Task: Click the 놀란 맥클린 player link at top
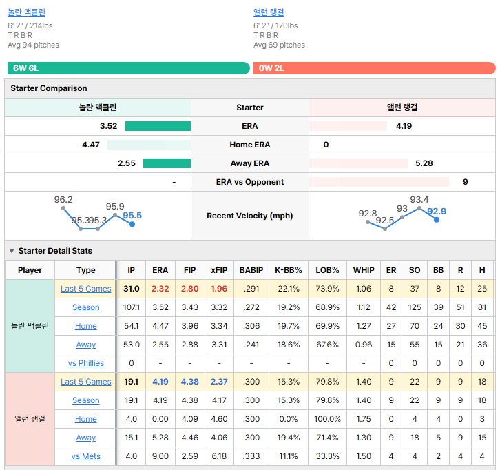[26, 12]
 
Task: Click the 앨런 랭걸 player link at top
[269, 12]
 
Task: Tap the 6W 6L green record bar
[129, 68]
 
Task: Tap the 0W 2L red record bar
[375, 68]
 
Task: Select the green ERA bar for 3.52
[158, 126]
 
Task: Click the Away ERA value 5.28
[424, 163]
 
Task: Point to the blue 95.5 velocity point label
[132, 216]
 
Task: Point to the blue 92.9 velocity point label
[437, 212]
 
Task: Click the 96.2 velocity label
[63, 199]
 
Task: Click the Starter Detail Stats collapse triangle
[12, 251]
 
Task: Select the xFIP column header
[219, 270]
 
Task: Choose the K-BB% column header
[289, 270]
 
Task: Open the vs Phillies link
[86, 363]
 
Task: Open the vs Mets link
[86, 456]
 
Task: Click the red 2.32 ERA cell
[160, 289]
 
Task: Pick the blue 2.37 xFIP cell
[219, 382]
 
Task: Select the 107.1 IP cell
[131, 307]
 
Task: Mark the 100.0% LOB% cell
[328, 419]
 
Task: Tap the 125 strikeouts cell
[415, 307]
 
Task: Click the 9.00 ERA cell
[160, 456]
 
